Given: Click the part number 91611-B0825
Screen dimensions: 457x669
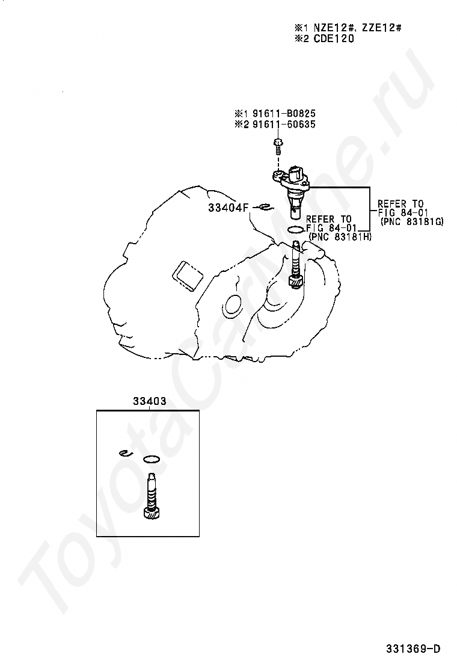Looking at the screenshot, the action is (284, 114).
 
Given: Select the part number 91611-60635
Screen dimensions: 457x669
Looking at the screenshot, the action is (284, 125).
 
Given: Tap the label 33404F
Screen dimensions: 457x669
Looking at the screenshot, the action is (228, 208).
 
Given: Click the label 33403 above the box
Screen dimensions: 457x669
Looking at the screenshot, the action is (150, 401).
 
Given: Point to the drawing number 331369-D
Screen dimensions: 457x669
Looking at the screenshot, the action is (413, 649).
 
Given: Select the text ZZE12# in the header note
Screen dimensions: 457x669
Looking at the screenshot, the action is (382, 28).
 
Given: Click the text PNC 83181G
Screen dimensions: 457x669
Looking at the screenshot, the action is (413, 221).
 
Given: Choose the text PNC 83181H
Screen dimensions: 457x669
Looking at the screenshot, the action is (341, 237).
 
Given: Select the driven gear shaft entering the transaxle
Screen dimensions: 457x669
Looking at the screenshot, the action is (296, 265).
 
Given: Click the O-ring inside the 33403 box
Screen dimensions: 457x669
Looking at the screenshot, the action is (152, 460).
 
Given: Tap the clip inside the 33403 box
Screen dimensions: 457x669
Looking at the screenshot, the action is (126, 453).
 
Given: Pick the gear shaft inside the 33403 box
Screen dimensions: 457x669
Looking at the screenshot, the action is (152, 496).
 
